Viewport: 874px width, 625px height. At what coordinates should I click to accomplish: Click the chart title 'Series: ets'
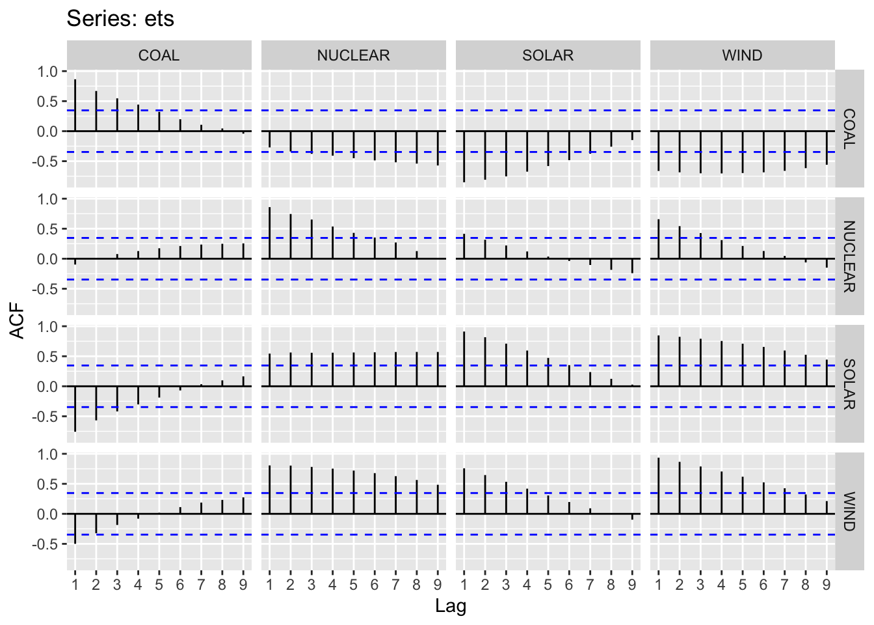coord(120,19)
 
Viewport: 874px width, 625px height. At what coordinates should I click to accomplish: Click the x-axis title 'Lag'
coord(451,607)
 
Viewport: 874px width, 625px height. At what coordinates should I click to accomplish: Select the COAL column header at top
coord(159,55)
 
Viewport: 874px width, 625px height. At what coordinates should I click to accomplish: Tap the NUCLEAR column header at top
coord(353,55)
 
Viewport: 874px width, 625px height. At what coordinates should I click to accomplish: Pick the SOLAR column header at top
coord(548,55)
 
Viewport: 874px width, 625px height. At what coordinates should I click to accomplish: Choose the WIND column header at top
coord(742,55)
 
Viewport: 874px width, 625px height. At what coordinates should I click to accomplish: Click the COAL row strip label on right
coord(849,129)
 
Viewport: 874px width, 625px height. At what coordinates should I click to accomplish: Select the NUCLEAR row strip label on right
coord(849,257)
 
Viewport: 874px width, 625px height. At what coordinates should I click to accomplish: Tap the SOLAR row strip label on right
coord(849,384)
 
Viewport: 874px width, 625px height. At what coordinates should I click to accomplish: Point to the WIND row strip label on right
coord(849,512)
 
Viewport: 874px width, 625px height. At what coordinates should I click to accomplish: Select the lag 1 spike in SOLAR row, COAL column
coord(75,409)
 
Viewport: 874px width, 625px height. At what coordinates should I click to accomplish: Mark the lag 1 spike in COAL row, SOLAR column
coord(464,156)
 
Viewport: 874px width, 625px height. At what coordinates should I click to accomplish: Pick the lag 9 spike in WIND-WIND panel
coord(827,507)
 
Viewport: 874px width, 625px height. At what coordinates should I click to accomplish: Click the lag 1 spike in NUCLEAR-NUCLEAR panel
coord(269,233)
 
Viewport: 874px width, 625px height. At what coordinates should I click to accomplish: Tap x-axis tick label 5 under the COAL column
coord(159,585)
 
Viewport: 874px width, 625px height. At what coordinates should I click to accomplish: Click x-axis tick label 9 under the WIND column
coord(827,585)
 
